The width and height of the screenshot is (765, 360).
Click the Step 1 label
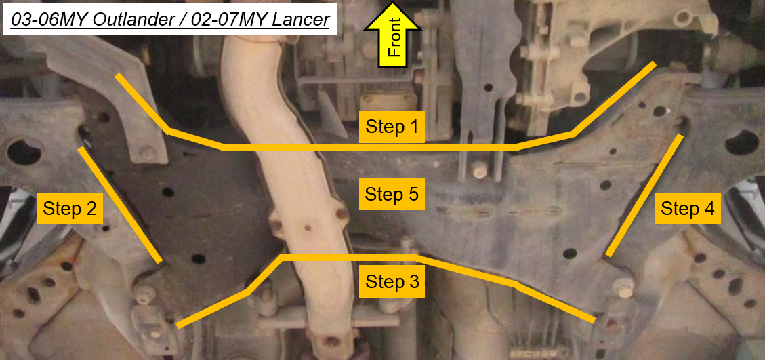[392, 127]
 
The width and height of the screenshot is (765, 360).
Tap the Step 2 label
[69, 209]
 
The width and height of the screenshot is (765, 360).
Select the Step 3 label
[392, 282]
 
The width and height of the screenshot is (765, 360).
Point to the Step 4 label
[688, 209]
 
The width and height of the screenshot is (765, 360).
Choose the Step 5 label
[392, 194]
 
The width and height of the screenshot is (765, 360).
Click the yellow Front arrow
[393, 34]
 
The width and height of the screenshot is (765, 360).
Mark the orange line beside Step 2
[120, 205]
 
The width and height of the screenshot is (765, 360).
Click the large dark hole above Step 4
[742, 142]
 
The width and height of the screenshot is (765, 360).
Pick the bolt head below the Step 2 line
[145, 294]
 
